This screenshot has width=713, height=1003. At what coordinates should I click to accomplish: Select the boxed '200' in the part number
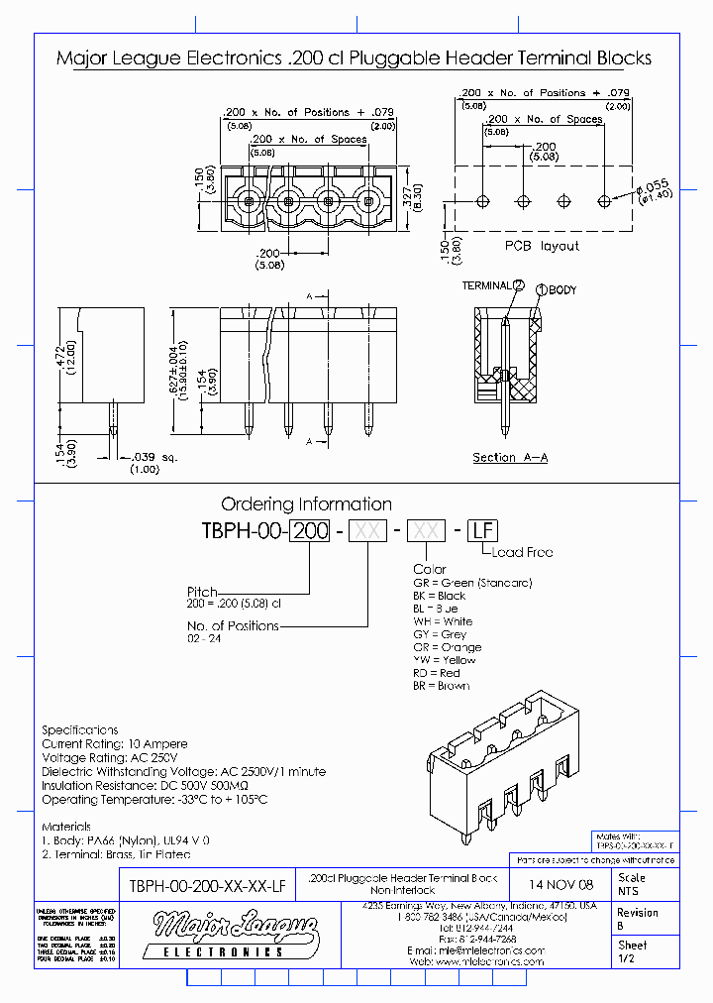[x=312, y=530]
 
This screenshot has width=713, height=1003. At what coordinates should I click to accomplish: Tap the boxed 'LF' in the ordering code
[x=479, y=530]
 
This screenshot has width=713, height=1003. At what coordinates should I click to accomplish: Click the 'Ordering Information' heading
[x=306, y=504]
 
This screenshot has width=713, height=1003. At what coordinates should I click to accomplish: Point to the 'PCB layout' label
[x=542, y=246]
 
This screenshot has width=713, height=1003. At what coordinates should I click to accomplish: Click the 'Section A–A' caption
[x=510, y=457]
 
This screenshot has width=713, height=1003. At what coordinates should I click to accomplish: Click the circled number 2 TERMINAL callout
[x=518, y=285]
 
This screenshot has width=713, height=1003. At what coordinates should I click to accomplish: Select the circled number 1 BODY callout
[x=542, y=290]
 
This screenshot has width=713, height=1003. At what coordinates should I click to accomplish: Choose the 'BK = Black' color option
[x=439, y=596]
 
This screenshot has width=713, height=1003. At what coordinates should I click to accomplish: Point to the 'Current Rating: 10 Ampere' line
[x=114, y=743]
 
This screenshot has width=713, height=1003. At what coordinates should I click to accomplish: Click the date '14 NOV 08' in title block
[x=561, y=884]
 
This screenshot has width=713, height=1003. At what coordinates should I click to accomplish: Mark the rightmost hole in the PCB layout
[x=605, y=201]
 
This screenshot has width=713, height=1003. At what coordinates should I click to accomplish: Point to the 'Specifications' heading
[x=79, y=729]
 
